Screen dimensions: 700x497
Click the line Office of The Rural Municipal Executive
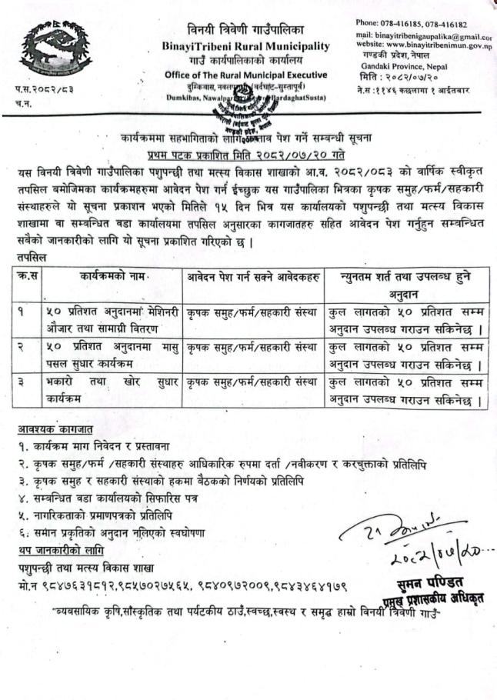click(245, 74)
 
